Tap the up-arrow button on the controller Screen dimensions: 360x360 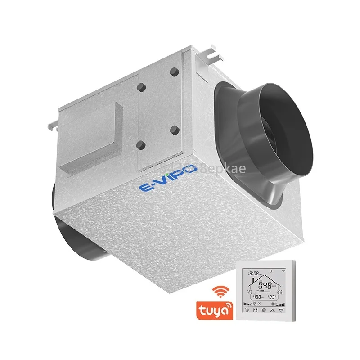point(272,310)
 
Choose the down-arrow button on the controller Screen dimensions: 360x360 point(281,310)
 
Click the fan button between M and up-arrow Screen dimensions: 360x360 point(263,310)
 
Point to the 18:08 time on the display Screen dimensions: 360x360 point(254,273)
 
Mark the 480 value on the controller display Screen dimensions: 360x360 point(257,297)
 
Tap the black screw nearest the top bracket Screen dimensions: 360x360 point(174,72)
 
